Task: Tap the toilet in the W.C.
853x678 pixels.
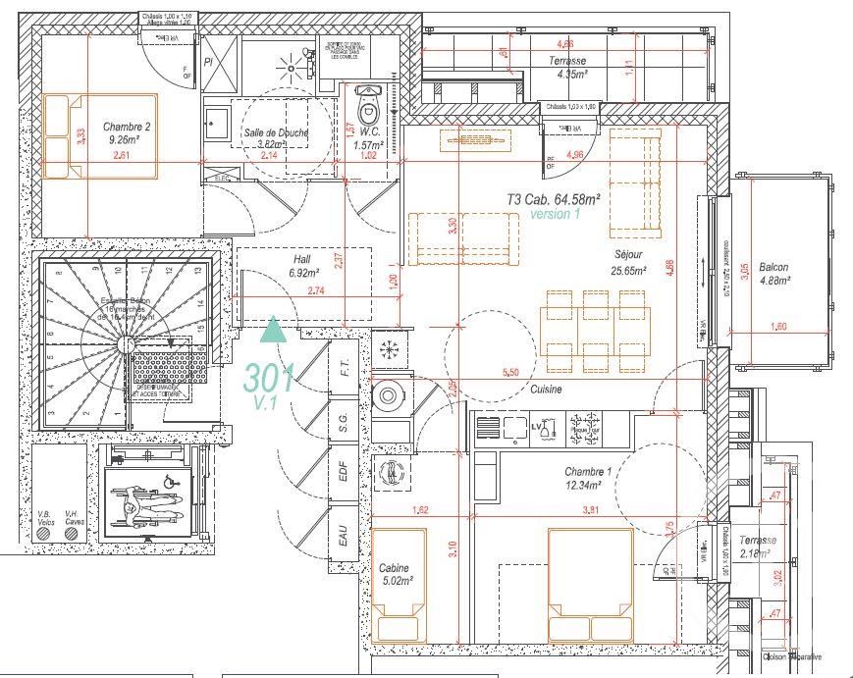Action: coord(368,102)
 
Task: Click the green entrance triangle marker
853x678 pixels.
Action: coord(274,329)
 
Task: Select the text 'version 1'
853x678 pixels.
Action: coord(555,213)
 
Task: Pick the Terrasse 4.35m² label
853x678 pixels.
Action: coord(567,67)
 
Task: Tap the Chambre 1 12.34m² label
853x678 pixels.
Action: coord(588,478)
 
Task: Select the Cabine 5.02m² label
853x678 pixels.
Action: coord(396,574)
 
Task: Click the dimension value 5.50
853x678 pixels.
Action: coord(510,373)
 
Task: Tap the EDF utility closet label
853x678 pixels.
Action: coord(343,476)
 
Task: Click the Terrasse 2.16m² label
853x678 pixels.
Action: coord(758,548)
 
